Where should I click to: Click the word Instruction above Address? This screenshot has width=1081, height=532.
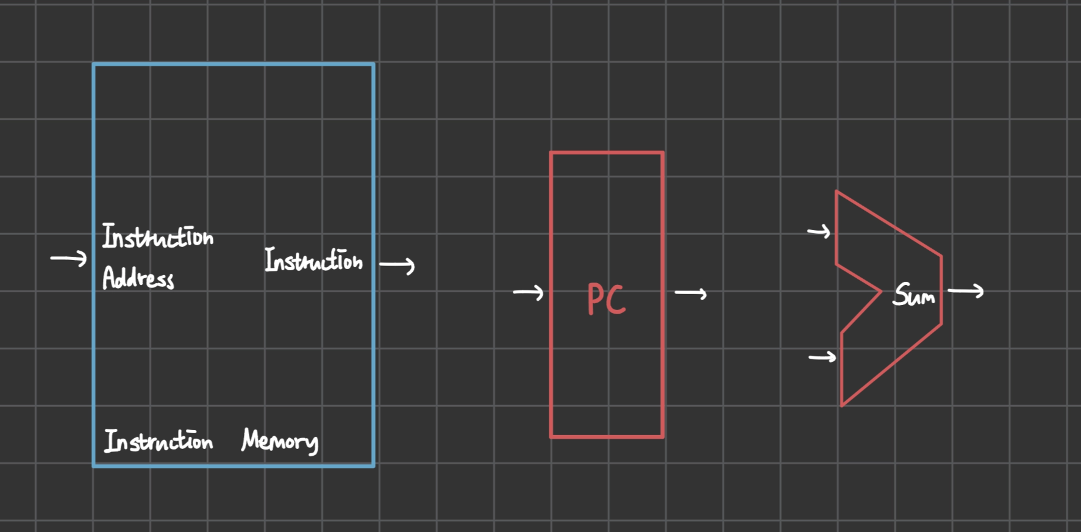158,237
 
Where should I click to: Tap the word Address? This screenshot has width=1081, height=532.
138,278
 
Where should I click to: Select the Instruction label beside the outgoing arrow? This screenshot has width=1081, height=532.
313,260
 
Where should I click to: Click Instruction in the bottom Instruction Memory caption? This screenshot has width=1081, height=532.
158,440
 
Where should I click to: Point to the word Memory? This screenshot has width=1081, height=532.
280,440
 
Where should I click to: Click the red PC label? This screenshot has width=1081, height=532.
606,298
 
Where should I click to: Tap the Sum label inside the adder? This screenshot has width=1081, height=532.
913,295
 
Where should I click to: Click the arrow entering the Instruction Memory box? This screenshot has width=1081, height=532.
69,258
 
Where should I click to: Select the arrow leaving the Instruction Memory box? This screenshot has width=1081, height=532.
397,265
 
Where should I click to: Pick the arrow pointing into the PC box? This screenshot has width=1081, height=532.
528,293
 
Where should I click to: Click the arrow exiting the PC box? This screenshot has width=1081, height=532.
691,293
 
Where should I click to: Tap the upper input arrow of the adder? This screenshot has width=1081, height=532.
819,231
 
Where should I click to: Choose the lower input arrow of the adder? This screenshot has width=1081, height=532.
822,356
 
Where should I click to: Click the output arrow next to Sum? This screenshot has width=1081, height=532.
966,291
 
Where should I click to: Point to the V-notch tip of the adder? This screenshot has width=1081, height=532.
882,292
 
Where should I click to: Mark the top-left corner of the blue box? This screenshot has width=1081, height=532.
94,64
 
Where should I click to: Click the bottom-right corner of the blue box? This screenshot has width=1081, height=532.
373,466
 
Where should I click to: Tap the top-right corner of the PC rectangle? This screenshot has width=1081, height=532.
663,153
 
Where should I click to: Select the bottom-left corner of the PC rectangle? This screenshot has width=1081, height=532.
551,437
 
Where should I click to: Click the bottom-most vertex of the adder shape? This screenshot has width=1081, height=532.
842,406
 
